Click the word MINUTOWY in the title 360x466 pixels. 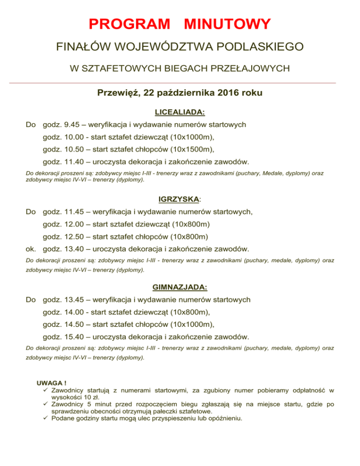(x=227, y=24)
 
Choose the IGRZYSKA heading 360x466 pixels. (x=179, y=199)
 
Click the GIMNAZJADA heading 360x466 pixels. (x=180, y=286)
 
